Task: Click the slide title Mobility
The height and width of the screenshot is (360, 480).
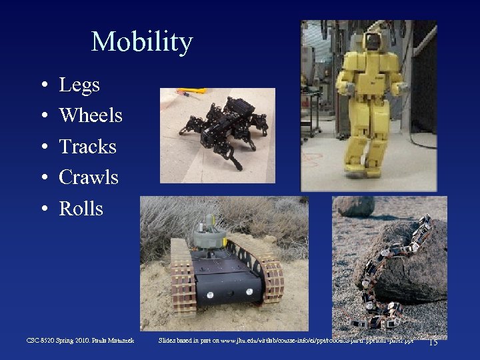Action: click(x=141, y=42)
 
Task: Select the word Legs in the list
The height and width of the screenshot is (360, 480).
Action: click(x=79, y=85)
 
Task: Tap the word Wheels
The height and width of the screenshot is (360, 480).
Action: click(x=91, y=115)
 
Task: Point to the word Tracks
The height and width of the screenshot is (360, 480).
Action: click(x=87, y=147)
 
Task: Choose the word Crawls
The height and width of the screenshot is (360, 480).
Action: click(x=89, y=177)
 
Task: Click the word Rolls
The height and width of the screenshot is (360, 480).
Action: click(x=81, y=209)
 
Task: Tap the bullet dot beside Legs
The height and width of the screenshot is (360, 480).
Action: click(x=43, y=86)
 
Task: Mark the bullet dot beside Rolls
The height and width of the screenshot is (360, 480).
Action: click(x=43, y=210)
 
